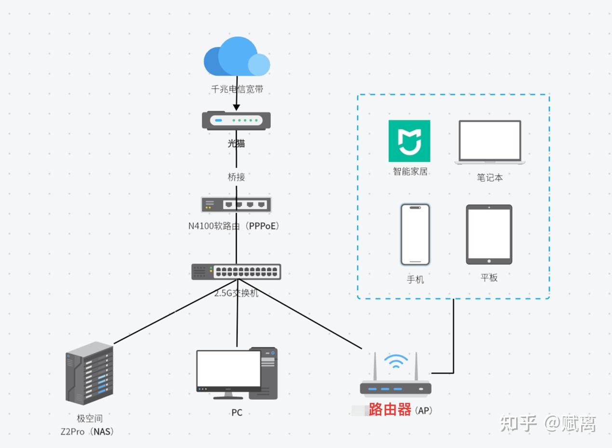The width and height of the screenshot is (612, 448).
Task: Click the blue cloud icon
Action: point(237,56)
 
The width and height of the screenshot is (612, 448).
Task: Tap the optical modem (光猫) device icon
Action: point(236,120)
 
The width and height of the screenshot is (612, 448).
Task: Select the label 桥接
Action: point(236,177)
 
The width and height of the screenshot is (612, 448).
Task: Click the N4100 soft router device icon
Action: point(236,204)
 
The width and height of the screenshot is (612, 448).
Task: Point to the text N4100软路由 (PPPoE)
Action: point(234,226)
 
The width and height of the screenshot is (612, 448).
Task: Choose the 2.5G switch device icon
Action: point(236,272)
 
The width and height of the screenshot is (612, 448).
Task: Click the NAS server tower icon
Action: point(89,373)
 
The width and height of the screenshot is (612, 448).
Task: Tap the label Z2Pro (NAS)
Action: point(87,432)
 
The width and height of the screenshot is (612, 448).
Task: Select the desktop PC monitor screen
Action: point(228,368)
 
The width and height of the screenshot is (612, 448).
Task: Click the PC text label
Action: point(237,412)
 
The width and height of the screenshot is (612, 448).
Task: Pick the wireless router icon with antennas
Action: point(396,373)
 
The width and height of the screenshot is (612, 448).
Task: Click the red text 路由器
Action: point(390,409)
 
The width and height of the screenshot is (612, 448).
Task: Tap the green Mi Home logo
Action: point(409,141)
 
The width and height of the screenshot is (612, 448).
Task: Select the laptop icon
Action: point(490,142)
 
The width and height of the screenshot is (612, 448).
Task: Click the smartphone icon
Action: point(415,234)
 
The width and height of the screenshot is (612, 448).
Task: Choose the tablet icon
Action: point(489,234)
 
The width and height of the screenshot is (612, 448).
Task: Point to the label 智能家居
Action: point(411,171)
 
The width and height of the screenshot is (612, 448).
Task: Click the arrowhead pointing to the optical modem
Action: point(236,108)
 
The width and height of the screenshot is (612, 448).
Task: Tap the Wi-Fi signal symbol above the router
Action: point(396,361)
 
